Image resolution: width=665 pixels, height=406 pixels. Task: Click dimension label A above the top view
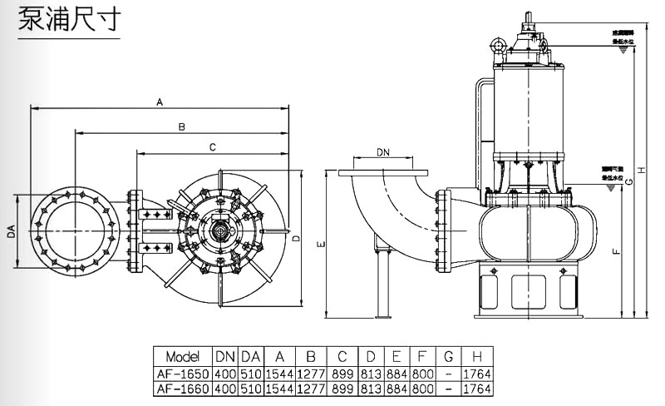tap(159, 101)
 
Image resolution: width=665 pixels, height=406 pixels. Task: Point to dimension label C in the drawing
tap(212, 147)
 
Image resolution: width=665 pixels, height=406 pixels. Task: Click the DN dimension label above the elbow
tap(382, 152)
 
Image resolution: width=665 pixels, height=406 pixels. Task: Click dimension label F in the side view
tap(613, 250)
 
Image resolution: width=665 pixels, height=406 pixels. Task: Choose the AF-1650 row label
tap(183, 374)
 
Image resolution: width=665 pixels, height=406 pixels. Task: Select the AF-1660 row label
tap(183, 389)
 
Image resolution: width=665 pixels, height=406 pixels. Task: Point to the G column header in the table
tap(448, 356)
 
